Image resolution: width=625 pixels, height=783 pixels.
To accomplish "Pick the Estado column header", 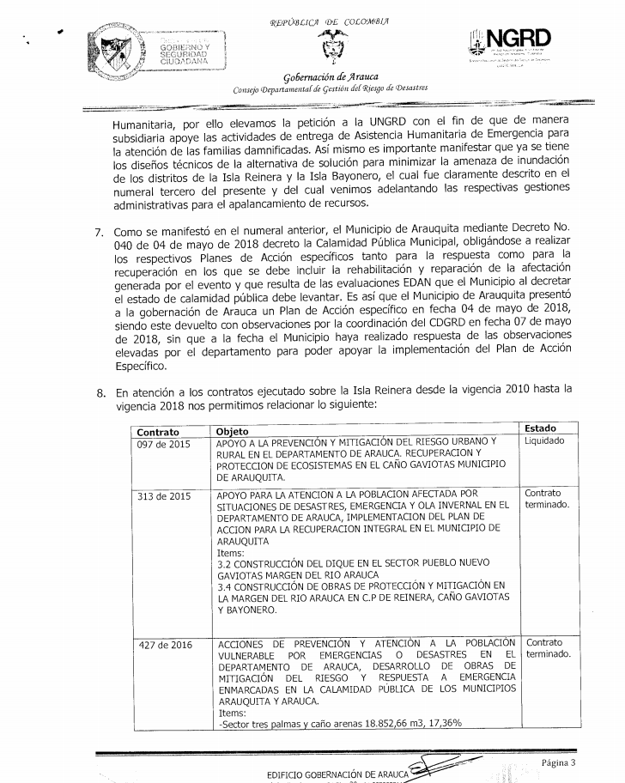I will [x=539, y=427].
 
